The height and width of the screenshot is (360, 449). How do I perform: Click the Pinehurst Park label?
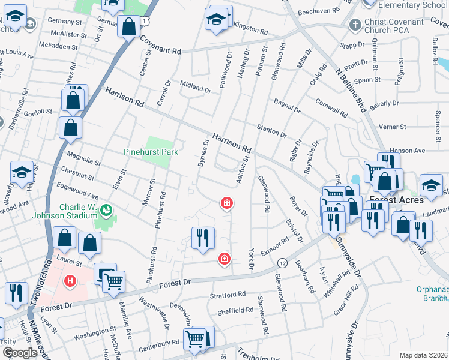151,152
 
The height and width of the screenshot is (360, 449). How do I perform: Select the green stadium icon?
106,209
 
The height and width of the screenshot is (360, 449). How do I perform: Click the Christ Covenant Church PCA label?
393,26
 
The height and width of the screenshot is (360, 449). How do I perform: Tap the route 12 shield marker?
282,263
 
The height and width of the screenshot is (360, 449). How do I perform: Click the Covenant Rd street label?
161,46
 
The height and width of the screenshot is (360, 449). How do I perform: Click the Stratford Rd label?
228,295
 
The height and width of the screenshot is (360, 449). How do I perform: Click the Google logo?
20,353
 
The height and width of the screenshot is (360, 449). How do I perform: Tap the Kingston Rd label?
249,28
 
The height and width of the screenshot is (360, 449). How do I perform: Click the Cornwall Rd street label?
331,108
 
